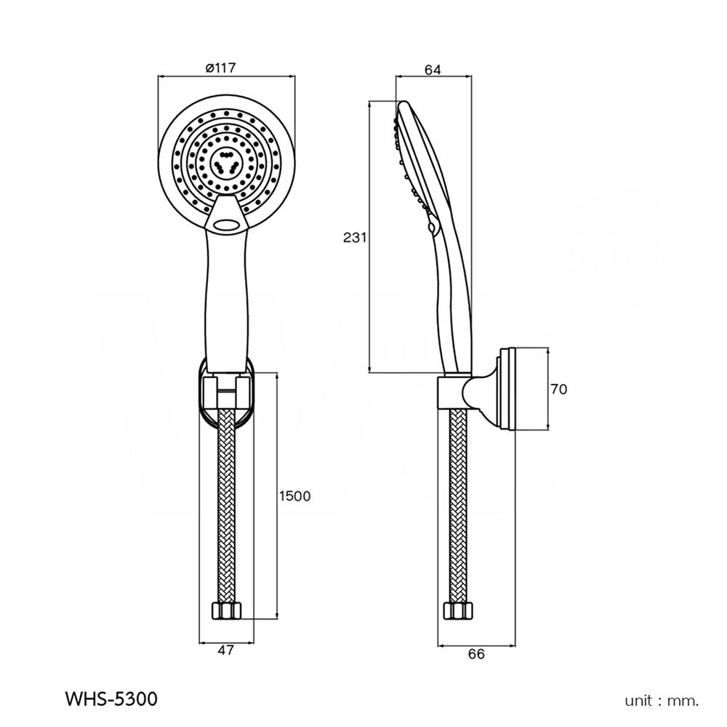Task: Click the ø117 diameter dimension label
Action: (x=220, y=68)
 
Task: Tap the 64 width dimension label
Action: (x=433, y=70)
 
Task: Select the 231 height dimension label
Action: (x=356, y=237)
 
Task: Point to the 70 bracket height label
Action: (x=558, y=390)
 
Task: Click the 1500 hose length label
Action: (x=294, y=496)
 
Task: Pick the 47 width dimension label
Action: (x=226, y=651)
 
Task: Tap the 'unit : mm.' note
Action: (x=662, y=701)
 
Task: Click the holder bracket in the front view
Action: (x=227, y=393)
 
